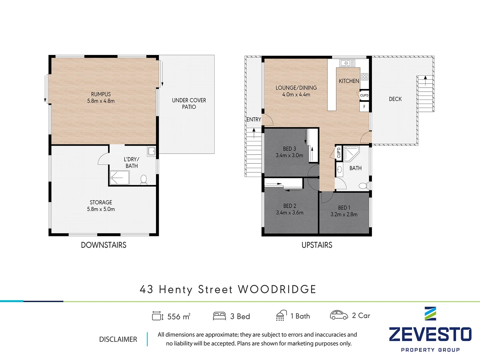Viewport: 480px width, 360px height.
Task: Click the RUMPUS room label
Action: (x=101, y=94)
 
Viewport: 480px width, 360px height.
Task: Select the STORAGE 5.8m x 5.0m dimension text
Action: (x=101, y=209)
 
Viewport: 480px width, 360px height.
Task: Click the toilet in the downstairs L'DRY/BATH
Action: (x=144, y=179)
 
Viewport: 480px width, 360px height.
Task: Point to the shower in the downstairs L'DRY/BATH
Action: (x=119, y=178)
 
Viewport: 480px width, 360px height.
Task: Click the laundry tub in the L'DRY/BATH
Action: (x=152, y=151)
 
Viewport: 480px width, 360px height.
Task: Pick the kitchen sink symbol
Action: (x=347, y=63)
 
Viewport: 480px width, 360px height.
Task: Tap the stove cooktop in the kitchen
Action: (x=364, y=77)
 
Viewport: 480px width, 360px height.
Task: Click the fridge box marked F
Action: (x=364, y=107)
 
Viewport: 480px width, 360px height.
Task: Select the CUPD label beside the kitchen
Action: (x=364, y=95)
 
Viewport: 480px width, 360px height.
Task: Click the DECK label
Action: (x=395, y=99)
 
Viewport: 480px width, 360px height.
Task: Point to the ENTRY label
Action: (x=254, y=119)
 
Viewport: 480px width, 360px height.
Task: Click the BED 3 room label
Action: (x=289, y=149)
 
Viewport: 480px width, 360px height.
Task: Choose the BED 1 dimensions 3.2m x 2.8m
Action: (x=344, y=214)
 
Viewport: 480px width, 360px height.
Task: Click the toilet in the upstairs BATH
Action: (x=363, y=186)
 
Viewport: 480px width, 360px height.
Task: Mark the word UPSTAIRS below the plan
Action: (x=317, y=245)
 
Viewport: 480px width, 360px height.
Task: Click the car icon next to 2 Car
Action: (x=339, y=315)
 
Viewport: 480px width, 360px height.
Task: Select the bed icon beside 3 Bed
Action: (x=219, y=316)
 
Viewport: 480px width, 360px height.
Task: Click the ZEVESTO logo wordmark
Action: (x=430, y=334)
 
